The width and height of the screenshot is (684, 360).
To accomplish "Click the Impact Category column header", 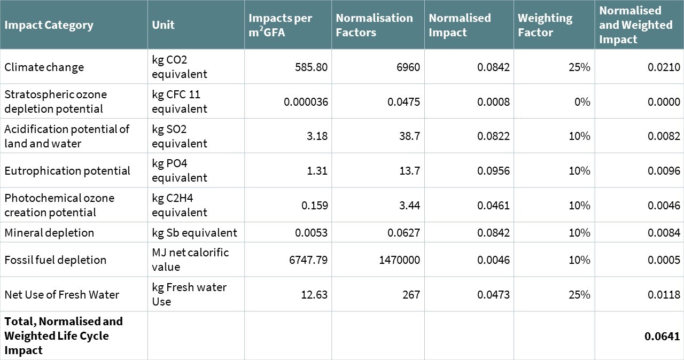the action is tap(49, 25).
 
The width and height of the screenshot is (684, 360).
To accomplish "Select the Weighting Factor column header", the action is tap(545, 25).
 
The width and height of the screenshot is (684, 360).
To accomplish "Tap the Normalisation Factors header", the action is tap(375, 25).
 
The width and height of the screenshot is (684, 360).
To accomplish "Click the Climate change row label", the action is tap(44, 67).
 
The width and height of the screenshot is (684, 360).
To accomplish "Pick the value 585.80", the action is tap(311, 67).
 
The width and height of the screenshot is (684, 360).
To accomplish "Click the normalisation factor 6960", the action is tap(408, 67).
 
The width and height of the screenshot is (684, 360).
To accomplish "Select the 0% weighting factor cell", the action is tap(582, 101).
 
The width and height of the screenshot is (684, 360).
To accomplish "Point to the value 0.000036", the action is tap(306, 101).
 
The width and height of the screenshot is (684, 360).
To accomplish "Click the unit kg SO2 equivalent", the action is tap(180, 136).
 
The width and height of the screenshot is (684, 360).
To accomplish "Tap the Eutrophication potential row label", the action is tap(67, 171).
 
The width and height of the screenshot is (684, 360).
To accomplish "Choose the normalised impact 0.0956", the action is tap(493, 170).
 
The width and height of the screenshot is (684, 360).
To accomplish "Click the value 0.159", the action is tap(315, 205).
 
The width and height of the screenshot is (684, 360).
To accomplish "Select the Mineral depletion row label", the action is tap(49, 233).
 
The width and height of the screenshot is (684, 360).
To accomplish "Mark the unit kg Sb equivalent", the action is tap(195, 233).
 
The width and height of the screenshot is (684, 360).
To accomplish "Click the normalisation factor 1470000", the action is tap(399, 260).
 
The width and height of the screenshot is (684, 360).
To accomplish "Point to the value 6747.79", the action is tap(308, 260).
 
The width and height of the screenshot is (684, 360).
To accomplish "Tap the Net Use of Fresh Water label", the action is tap(61, 295).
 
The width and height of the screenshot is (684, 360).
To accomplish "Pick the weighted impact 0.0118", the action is tap(664, 294).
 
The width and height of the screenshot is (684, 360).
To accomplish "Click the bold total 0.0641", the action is tap(662, 336).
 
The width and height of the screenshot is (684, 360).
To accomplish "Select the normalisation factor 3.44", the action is tap(409, 205).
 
